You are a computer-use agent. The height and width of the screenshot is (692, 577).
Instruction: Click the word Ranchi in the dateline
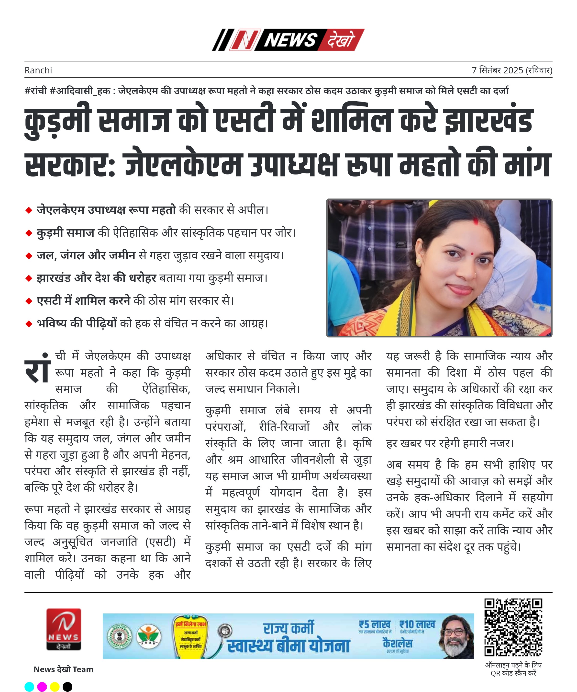tap(38, 70)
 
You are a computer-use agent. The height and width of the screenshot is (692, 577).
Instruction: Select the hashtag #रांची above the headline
tap(35, 91)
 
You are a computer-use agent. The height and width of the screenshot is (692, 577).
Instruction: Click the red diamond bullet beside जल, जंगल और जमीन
tap(29, 256)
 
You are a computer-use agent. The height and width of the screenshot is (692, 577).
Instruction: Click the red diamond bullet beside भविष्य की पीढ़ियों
tap(29, 324)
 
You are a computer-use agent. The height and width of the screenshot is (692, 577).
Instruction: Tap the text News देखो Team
tap(64, 669)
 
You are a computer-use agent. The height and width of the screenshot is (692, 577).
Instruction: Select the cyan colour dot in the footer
tap(29, 687)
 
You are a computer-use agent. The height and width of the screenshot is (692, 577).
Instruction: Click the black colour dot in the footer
tap(67, 687)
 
